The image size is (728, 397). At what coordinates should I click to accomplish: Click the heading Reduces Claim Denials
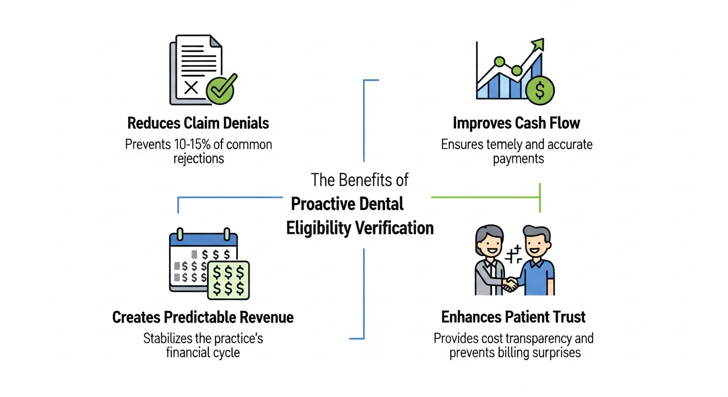[198, 123]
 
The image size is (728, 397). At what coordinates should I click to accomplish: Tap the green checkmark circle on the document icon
[221, 89]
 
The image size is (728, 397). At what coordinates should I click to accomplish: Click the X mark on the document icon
[191, 88]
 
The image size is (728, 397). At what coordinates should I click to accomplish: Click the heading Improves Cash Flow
[516, 123]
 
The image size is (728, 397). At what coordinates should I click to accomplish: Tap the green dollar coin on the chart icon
[540, 90]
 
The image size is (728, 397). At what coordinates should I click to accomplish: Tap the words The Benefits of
[359, 180]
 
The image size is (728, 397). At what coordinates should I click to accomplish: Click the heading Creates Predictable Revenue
[203, 317]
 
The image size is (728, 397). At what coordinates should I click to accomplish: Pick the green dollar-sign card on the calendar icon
[228, 280]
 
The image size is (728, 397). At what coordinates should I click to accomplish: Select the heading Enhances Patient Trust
[513, 317]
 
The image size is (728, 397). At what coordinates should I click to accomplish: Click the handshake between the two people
[511, 283]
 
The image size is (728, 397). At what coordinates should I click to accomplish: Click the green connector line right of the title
[485, 197]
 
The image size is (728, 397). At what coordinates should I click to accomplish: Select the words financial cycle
[203, 353]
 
